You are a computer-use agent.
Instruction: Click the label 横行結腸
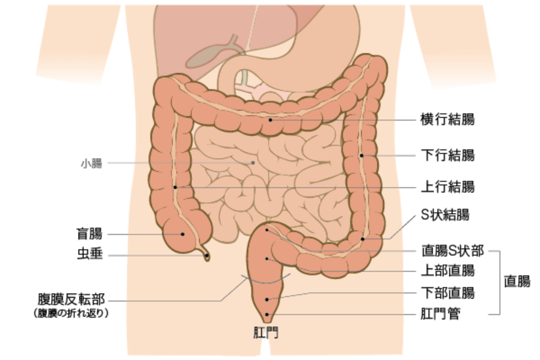(x=447, y=120)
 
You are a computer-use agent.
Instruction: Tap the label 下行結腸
(x=447, y=156)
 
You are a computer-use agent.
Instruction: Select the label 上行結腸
(x=447, y=187)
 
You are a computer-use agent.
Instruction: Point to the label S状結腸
(x=445, y=215)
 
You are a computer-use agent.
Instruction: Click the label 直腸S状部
(x=452, y=251)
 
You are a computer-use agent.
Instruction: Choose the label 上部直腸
(x=447, y=271)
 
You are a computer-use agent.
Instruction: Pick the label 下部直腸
(x=447, y=293)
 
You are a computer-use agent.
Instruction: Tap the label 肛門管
(x=440, y=314)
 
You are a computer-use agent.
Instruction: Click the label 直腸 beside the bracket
(x=517, y=282)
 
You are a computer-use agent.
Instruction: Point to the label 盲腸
(x=89, y=234)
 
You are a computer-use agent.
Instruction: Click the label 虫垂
(x=89, y=255)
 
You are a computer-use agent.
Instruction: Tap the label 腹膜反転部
(x=72, y=299)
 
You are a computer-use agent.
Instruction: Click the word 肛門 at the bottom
(x=265, y=333)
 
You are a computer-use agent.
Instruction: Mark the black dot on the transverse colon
(x=270, y=120)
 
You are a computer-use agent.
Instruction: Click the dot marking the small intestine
(x=253, y=163)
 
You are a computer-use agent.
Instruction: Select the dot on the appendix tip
(x=207, y=256)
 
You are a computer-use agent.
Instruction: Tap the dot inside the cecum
(x=183, y=234)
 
